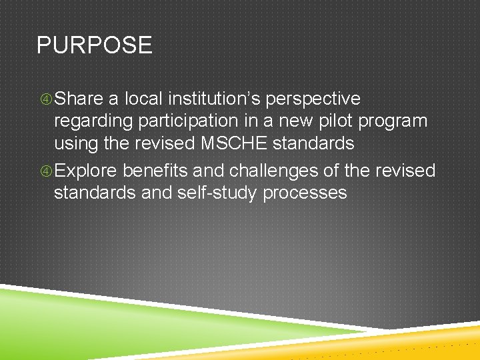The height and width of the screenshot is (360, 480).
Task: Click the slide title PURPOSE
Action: pos(94,45)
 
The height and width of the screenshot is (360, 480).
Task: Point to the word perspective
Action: pos(313,99)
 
